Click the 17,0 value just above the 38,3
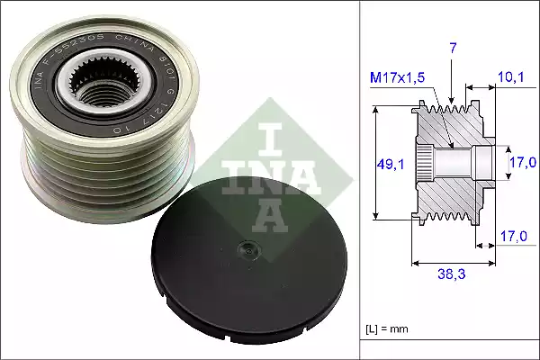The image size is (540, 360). [512, 236]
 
